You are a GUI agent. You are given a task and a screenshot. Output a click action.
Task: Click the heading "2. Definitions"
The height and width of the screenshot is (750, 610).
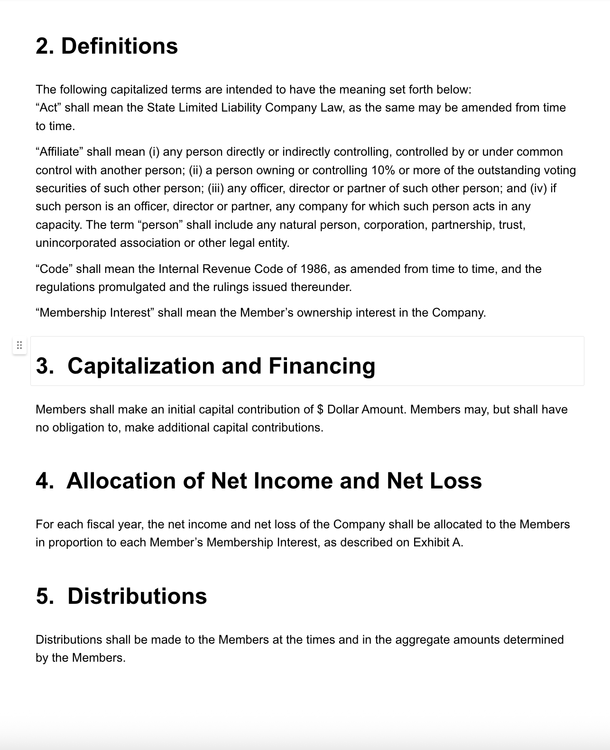107,46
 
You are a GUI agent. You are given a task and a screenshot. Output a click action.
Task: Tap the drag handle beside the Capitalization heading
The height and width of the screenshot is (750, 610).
19,345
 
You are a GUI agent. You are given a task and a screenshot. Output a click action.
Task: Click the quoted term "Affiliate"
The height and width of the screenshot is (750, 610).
59,152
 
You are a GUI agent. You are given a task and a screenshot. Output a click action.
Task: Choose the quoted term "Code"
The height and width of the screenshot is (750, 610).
54,269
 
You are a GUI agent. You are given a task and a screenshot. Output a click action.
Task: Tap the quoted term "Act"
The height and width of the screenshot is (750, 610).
48,108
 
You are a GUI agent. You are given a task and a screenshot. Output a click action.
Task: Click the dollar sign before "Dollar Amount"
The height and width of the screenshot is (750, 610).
320,410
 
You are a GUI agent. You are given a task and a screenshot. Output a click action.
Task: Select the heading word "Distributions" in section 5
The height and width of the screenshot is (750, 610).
137,596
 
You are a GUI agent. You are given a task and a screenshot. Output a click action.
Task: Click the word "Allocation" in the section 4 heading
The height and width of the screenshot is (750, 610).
121,481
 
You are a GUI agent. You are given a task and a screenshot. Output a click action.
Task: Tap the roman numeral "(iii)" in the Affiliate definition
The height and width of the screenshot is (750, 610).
216,188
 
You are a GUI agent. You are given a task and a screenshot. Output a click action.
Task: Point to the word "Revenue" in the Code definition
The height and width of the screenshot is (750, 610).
226,269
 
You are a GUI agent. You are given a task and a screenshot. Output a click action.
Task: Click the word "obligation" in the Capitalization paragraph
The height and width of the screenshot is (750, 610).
78,428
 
